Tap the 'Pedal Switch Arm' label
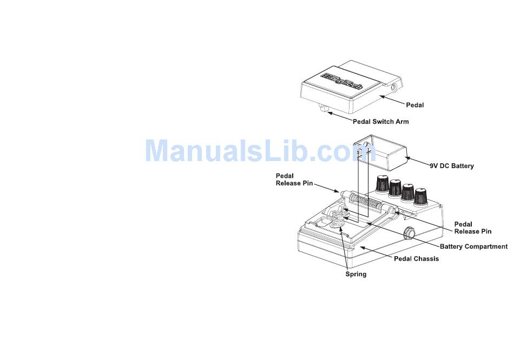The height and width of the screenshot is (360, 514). point(381,122)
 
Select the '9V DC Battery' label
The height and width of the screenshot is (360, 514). point(452,166)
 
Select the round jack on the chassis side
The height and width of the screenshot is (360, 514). point(410,234)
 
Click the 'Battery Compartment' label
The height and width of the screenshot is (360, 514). point(473,246)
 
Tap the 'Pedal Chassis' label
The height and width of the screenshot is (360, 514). point(416,258)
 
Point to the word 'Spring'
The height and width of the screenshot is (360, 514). point(356,274)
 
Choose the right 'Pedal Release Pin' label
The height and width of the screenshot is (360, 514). point(473,228)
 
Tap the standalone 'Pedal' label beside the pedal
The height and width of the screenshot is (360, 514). point(415,104)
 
